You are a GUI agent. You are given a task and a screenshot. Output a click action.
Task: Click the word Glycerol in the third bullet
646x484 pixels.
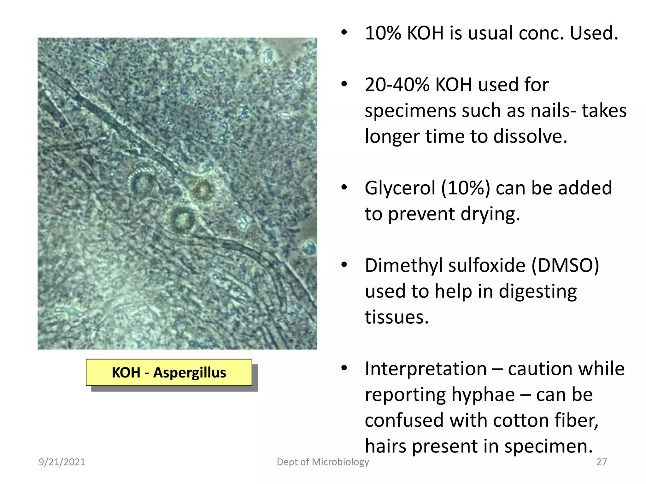click(x=400, y=188)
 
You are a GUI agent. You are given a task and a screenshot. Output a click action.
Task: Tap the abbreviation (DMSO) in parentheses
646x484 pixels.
click(x=565, y=266)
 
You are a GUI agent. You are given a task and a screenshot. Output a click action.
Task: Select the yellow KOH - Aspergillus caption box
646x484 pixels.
click(x=169, y=372)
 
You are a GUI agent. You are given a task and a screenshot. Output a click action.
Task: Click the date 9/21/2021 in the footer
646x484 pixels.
click(x=62, y=462)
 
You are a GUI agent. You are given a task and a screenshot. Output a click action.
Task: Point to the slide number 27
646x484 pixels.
click(x=602, y=462)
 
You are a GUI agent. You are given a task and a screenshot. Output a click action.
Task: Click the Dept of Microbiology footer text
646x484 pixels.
click(x=323, y=462)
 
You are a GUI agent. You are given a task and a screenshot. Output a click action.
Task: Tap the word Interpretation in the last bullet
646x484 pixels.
click(x=426, y=369)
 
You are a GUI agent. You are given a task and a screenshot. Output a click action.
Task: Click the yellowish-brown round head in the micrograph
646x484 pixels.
click(x=202, y=189)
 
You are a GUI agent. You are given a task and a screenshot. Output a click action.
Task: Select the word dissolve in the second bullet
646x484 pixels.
click(x=530, y=137)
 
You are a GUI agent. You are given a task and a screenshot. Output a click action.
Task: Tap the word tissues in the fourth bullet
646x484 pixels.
click(x=396, y=317)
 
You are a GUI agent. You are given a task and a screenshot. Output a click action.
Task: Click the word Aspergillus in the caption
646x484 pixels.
click(x=190, y=373)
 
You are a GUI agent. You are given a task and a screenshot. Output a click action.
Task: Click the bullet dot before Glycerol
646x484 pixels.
click(x=344, y=188)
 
